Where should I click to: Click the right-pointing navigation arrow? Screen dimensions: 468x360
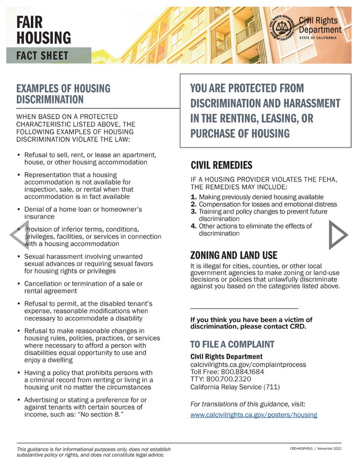(338, 234)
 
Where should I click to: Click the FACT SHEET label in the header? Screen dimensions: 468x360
(42, 55)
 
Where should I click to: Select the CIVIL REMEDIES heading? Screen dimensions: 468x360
(221, 165)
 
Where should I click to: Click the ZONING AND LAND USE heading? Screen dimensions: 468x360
(234, 255)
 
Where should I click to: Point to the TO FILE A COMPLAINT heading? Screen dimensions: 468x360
(232, 344)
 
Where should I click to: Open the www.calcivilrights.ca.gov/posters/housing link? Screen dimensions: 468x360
(253, 415)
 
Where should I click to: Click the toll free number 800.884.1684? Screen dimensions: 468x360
(243, 372)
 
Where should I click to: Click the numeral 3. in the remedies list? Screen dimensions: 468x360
(194, 211)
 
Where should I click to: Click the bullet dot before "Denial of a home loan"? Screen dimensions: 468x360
(18, 210)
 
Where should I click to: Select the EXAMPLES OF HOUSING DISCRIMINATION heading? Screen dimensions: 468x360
(63, 94)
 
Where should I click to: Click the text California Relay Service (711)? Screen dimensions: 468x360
(235, 387)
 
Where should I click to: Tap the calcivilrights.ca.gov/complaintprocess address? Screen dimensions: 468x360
(248, 364)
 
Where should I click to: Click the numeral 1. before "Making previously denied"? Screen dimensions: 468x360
(194, 197)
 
